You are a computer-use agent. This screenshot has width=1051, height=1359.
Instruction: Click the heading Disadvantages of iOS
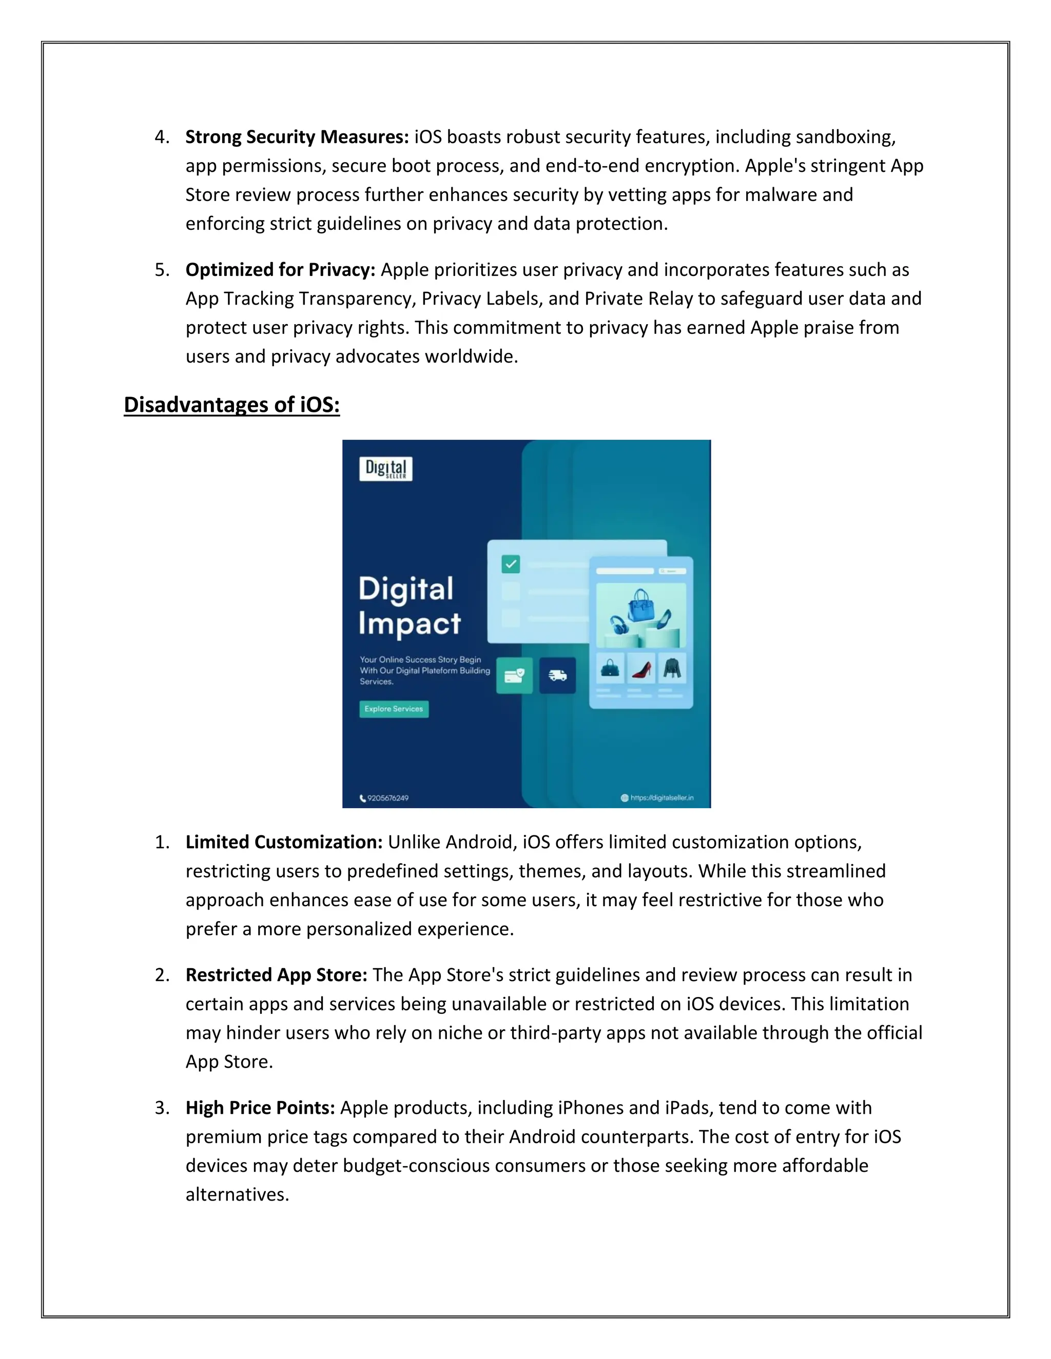coord(231,405)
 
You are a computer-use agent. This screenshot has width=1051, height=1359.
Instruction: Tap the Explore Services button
coord(394,709)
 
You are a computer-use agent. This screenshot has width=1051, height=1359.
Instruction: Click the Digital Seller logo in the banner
coord(386,469)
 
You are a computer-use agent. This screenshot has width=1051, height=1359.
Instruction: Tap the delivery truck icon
coord(557,675)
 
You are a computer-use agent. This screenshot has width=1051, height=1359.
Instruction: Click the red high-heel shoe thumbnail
coord(641,669)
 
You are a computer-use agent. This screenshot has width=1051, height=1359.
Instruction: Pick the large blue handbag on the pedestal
coord(640,606)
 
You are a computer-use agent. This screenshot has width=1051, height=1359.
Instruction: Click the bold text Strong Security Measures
coord(297,137)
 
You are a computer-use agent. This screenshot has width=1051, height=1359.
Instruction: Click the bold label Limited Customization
coord(284,842)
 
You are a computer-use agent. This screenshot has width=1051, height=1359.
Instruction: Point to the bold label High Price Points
coord(260,1108)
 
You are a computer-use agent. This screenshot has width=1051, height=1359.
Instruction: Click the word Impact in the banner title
coord(410,624)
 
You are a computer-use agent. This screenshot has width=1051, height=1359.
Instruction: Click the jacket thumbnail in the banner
coord(672,669)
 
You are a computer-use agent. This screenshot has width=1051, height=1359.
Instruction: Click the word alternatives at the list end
coord(237,1195)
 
